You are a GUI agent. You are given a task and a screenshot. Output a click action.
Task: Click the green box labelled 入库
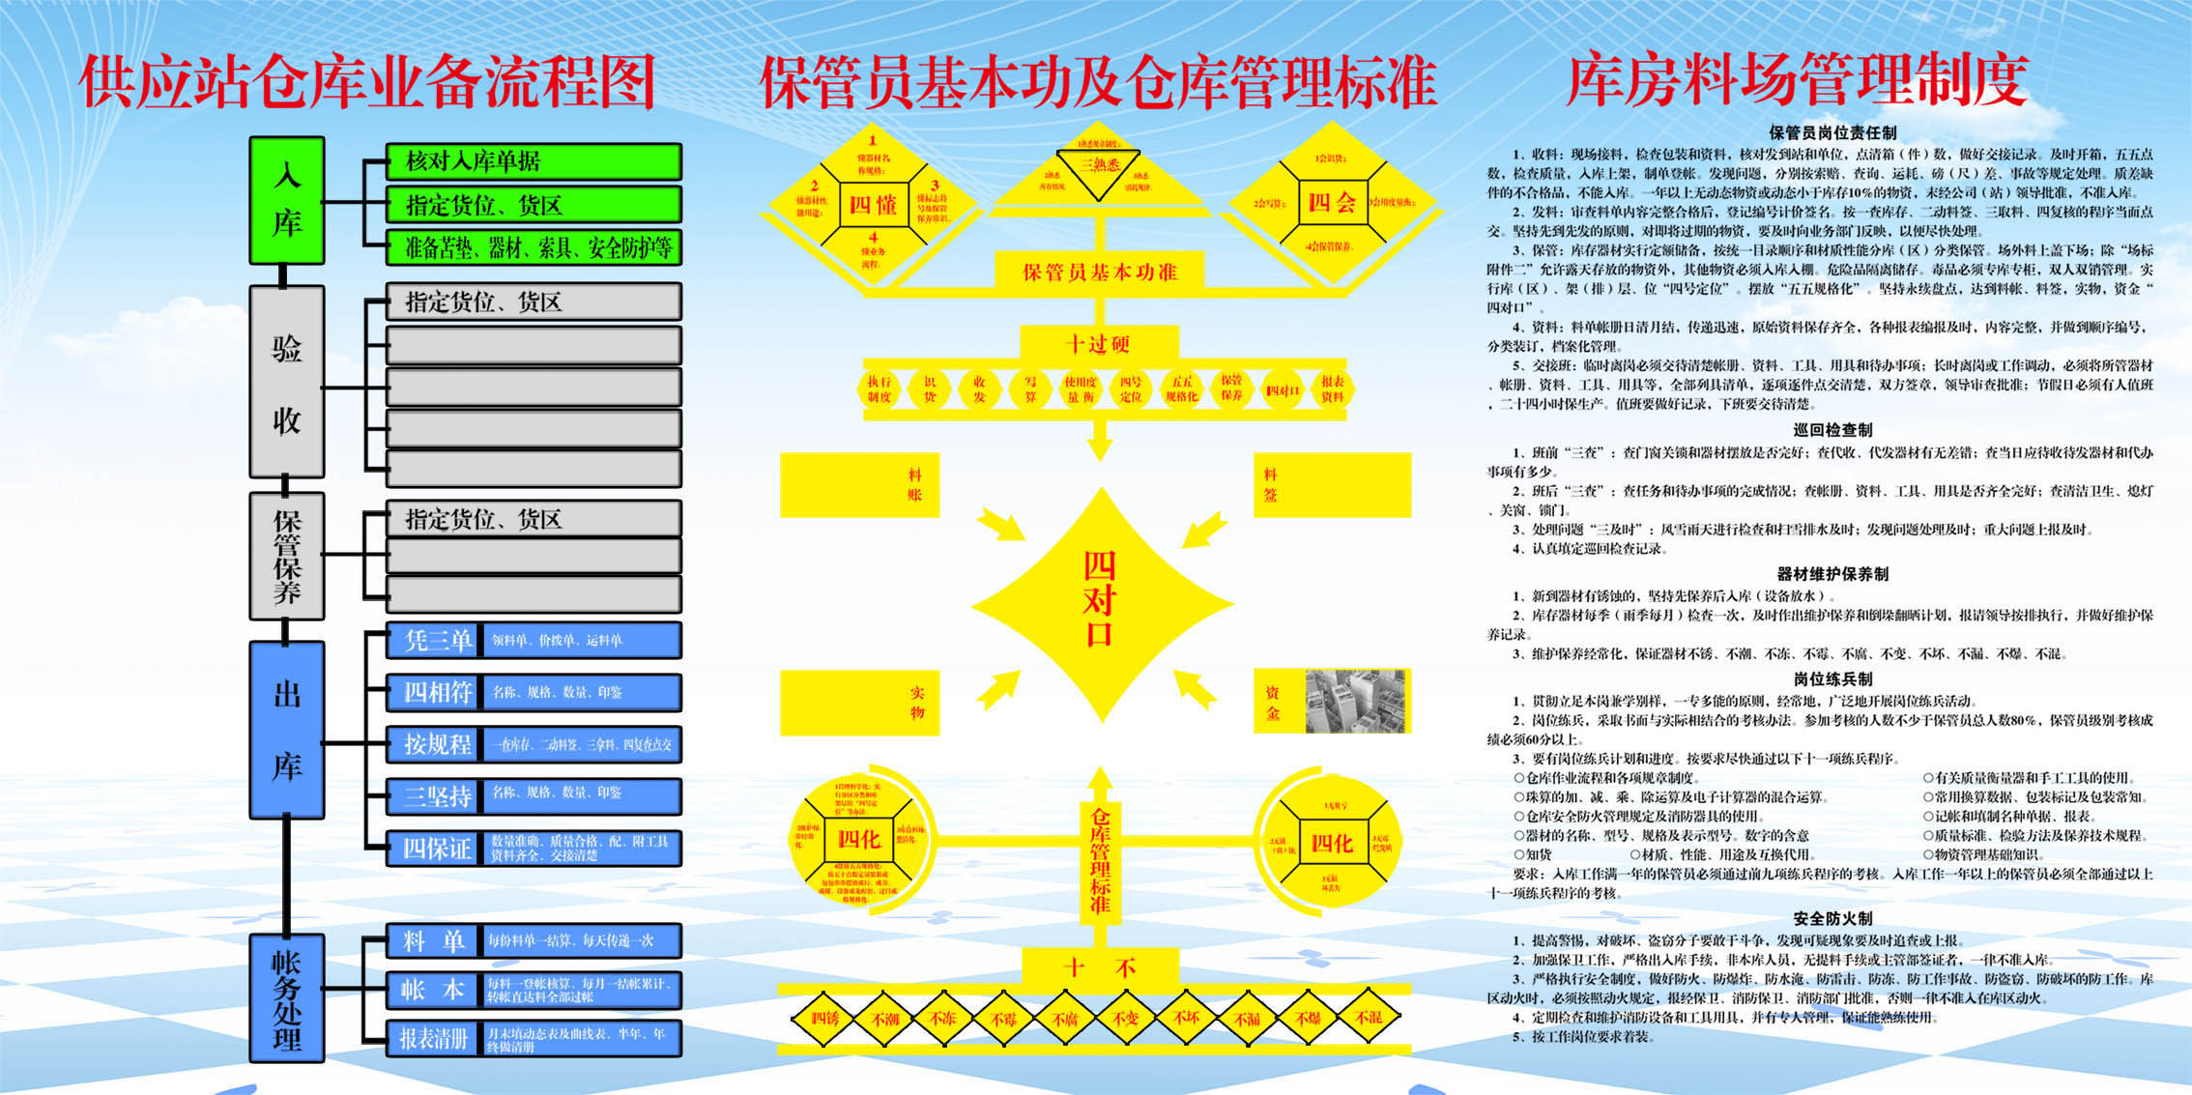(x=286, y=200)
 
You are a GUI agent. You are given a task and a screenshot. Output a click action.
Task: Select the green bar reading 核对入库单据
(x=534, y=161)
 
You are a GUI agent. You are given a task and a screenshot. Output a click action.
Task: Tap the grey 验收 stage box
(x=286, y=382)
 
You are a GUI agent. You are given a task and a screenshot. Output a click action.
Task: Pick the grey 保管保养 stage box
(x=286, y=556)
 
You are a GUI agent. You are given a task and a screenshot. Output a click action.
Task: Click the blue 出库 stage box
(x=286, y=730)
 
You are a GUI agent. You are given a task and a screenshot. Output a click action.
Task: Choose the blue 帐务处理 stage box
(x=286, y=998)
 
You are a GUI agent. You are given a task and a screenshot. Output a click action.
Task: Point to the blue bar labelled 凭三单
(x=534, y=640)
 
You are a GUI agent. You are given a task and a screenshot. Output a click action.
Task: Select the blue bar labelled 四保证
(x=534, y=848)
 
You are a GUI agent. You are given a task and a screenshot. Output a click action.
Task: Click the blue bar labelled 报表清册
(x=534, y=1038)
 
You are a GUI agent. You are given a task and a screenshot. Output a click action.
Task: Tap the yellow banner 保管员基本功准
(x=1100, y=273)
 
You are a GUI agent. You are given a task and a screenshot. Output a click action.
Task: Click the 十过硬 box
(x=1099, y=344)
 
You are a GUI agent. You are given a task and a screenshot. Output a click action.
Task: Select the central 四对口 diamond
(x=1100, y=603)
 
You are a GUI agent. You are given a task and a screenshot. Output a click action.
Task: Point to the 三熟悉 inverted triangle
(x=1099, y=170)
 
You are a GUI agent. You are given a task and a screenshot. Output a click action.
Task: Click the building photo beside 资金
(x=1355, y=702)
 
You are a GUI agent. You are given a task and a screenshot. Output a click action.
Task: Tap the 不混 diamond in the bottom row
(x=1369, y=1018)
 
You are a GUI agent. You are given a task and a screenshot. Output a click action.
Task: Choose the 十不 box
(x=1100, y=967)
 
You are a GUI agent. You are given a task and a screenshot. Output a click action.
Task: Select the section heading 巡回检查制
(x=1832, y=430)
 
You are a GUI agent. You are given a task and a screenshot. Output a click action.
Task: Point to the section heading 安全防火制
(x=1832, y=918)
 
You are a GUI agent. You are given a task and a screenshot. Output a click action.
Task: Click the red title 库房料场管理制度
(x=1797, y=81)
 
